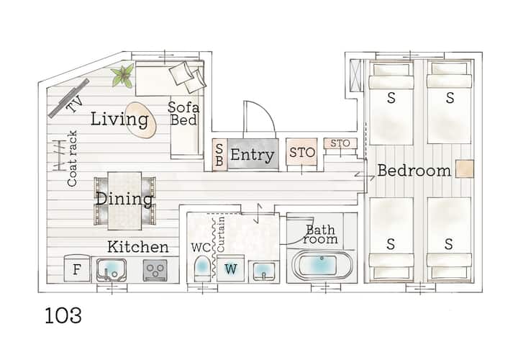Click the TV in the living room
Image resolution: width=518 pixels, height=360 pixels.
tap(69, 98)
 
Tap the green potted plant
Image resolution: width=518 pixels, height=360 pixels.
tap(123, 76)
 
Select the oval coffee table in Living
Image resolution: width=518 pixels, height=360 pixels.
tap(141, 120)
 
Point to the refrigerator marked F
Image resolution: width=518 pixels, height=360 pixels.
tap(77, 269)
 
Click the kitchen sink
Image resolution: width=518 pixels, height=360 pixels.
tap(112, 270)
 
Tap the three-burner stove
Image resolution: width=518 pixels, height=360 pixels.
tap(155, 270)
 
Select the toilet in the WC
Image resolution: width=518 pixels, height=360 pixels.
tap(202, 268)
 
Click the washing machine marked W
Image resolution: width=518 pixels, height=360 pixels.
tap(231, 269)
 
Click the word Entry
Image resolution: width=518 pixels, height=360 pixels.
tap(253, 155)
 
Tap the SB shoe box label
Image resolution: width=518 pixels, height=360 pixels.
tap(219, 154)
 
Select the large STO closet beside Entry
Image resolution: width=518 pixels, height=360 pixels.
tap(301, 152)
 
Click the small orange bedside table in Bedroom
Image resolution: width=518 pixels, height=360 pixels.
tap(465, 169)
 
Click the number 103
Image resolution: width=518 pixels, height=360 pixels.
tap(63, 315)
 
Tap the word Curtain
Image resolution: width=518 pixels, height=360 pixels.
tap(221, 234)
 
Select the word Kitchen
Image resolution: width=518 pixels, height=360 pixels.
tap(138, 247)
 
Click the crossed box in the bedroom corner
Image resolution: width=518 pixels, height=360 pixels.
tap(356, 76)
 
